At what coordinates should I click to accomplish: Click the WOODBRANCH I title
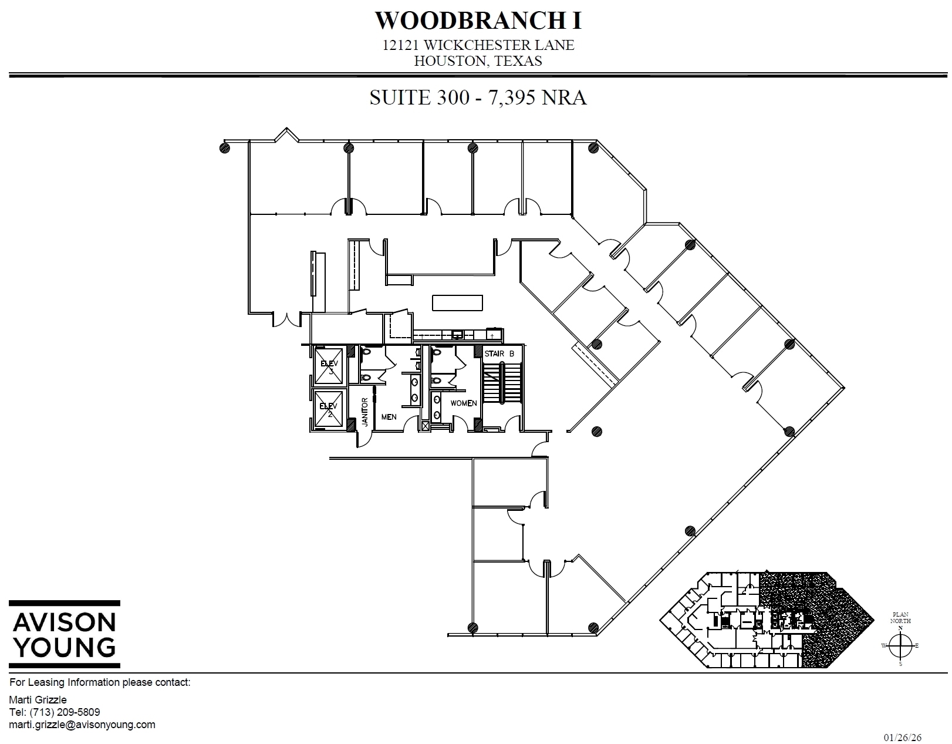(478, 21)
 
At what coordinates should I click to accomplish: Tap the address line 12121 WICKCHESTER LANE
(478, 45)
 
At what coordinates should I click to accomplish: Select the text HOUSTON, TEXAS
(478, 61)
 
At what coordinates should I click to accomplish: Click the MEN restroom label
(389, 417)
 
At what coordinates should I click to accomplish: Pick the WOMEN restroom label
(463, 403)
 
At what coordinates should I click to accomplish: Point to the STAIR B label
(499, 354)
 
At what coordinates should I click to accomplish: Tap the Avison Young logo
(65, 634)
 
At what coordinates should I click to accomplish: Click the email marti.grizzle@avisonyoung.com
(83, 725)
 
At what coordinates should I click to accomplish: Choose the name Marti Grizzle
(38, 699)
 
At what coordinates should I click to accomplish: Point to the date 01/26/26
(900, 737)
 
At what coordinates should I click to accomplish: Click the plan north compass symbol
(900, 646)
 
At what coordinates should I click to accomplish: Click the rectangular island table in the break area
(458, 303)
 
